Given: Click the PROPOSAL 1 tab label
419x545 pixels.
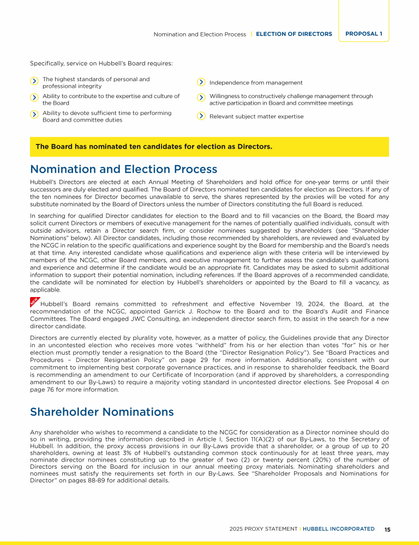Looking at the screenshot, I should (363, 34).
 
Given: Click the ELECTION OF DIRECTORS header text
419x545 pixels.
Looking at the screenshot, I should (294, 34).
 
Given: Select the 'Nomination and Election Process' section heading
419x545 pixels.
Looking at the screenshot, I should (123, 169).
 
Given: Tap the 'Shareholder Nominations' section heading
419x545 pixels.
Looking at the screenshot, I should (101, 412).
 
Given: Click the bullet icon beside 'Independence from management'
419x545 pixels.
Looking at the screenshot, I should (201, 82).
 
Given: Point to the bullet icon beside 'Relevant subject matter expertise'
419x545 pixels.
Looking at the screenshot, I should (201, 116).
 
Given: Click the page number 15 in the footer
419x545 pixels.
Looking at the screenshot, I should (387, 529).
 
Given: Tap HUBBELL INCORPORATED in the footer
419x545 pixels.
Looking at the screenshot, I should (338, 529).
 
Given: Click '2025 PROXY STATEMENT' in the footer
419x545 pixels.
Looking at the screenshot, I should (264, 529).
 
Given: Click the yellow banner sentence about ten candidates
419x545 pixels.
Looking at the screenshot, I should (154, 147).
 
